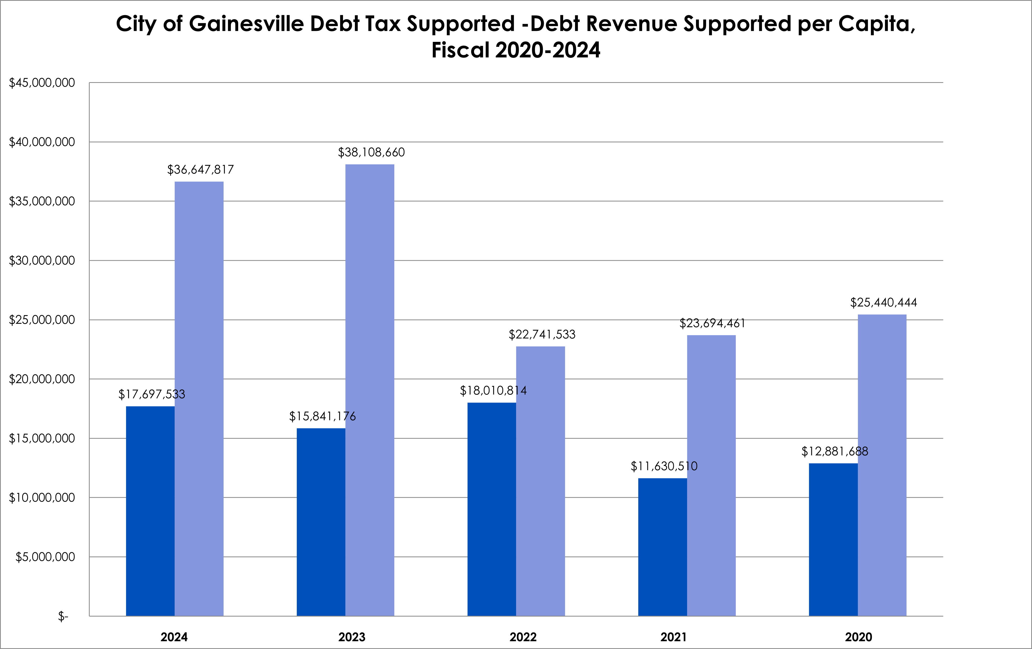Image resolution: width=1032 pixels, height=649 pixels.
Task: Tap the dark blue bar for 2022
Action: [492, 509]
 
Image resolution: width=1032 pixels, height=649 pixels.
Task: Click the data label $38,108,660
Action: [371, 152]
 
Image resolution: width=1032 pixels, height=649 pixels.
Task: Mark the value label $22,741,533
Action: [542, 334]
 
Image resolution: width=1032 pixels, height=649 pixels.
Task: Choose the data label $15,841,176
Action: [322, 416]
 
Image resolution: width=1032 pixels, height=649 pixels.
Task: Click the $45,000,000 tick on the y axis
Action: [42, 83]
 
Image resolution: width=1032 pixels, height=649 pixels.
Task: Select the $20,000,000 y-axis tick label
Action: [42, 379]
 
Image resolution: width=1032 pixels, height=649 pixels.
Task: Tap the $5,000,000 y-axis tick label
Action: [45, 557]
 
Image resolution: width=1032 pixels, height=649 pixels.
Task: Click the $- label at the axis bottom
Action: [63, 616]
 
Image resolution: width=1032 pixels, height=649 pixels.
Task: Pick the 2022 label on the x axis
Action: [523, 637]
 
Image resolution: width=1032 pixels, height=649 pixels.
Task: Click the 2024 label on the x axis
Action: [174, 637]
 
